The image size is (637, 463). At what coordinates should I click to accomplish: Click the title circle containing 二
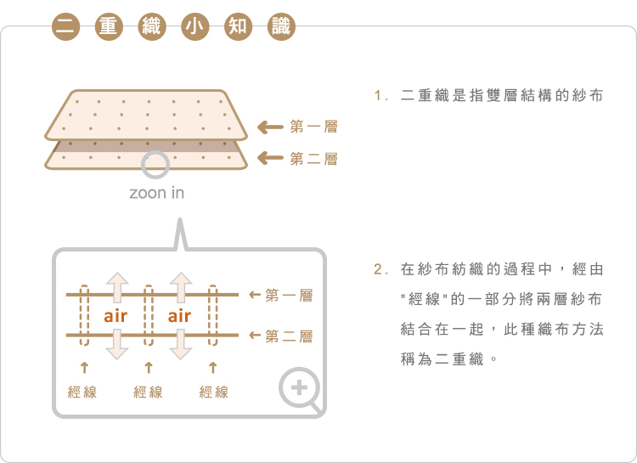65,26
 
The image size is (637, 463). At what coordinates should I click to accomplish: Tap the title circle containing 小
194,26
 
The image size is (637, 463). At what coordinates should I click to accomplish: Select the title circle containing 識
281,26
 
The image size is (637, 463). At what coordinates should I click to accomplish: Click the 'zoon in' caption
157,193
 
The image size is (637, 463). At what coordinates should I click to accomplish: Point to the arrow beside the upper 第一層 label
271,127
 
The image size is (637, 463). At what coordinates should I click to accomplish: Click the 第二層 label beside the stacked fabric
313,159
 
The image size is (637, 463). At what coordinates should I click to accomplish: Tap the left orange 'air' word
116,316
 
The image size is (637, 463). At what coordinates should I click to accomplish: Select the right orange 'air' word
179,316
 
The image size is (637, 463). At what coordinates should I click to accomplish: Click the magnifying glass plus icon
300,387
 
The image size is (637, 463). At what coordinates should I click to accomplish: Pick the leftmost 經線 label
82,392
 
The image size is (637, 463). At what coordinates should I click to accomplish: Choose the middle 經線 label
148,392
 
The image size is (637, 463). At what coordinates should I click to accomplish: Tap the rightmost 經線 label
214,392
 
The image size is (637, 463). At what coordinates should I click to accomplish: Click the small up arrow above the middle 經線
149,368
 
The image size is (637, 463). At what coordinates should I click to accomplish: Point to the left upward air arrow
117,287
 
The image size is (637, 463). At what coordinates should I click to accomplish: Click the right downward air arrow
181,344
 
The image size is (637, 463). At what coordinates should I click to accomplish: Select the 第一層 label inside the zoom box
289,295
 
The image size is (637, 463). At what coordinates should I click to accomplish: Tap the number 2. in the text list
381,269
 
